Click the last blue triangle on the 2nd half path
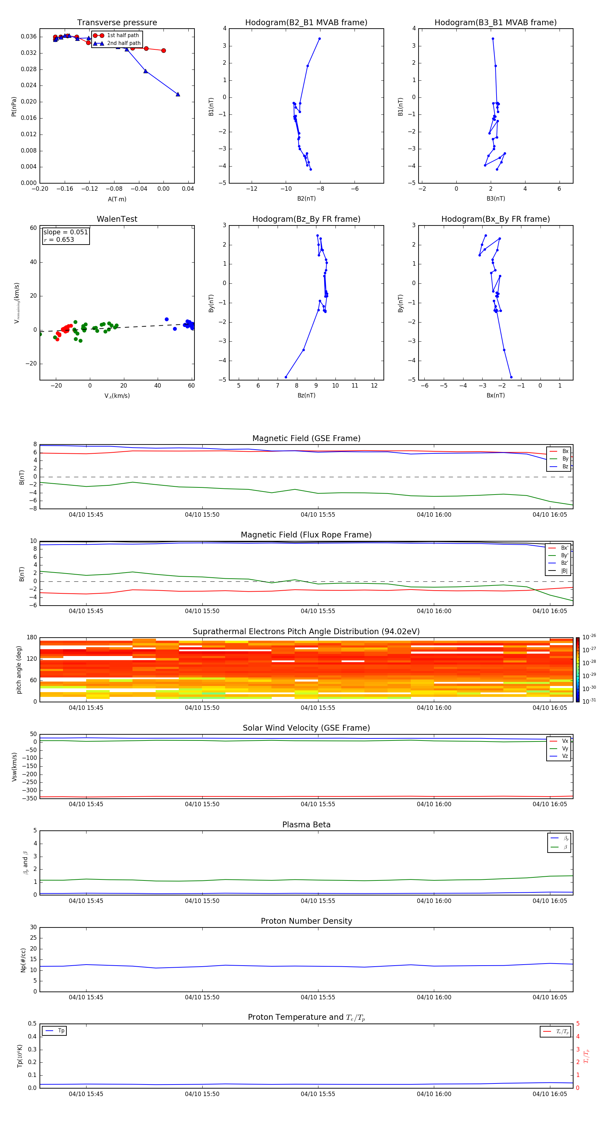177,94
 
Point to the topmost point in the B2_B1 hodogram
319,39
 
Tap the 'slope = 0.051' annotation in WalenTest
65,232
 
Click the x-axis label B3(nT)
496,199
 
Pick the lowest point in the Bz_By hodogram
286,377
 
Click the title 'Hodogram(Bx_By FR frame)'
495,219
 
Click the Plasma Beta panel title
306,825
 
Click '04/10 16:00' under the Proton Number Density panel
434,997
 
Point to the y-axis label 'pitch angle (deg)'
19,669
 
